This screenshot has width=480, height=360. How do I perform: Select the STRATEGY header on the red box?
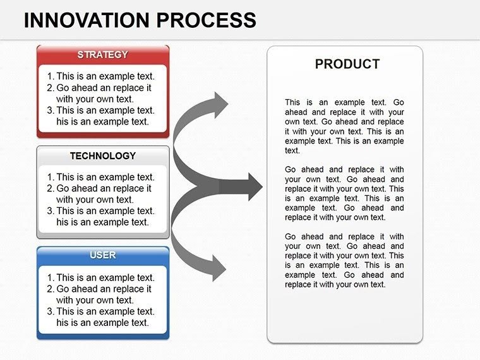(x=102, y=55)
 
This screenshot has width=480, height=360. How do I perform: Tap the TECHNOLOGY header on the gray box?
(x=102, y=155)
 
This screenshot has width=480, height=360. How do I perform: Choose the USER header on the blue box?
(x=102, y=255)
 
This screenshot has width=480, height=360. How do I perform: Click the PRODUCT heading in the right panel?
(x=347, y=64)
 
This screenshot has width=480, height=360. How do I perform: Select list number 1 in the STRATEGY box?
(x=51, y=77)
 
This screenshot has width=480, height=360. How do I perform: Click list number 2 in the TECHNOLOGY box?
(x=51, y=188)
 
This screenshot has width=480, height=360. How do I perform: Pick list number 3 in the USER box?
(x=51, y=311)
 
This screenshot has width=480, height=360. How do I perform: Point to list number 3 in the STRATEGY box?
(x=51, y=110)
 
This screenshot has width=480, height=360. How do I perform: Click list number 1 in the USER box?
(x=51, y=277)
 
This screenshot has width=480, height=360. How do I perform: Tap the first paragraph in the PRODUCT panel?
(x=344, y=126)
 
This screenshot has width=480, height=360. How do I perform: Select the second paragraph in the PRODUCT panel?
(x=344, y=193)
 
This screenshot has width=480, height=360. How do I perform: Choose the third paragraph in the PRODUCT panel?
(x=344, y=260)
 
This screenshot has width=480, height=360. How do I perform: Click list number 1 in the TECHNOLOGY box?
(x=51, y=177)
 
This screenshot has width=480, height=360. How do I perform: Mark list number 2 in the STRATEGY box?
(x=51, y=88)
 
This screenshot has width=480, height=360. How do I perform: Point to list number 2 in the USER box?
(x=51, y=289)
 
